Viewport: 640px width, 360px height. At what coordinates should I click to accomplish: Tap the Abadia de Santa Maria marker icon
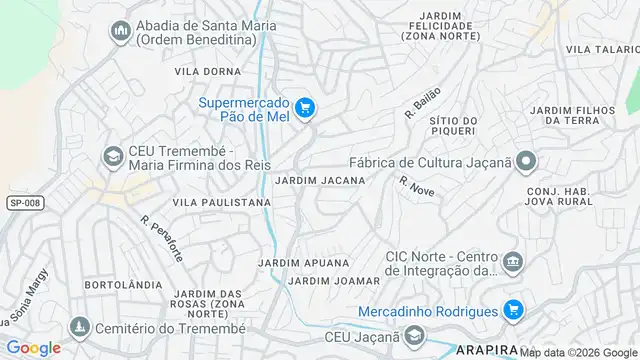click(x=119, y=30)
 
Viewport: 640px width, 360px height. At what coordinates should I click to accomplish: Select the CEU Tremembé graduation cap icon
click(x=112, y=157)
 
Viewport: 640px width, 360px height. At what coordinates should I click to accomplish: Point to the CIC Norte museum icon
click(x=513, y=262)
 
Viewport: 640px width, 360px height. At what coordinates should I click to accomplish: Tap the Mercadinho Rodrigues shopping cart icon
click(x=513, y=310)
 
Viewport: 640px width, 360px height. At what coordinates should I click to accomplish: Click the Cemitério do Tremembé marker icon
click(x=79, y=327)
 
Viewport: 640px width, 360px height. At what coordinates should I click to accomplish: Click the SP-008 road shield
click(x=24, y=203)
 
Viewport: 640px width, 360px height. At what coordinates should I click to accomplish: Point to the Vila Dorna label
click(x=208, y=71)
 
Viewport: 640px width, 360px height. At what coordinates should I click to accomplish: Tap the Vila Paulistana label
click(x=222, y=202)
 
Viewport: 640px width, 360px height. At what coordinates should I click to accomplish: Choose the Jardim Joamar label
click(x=333, y=281)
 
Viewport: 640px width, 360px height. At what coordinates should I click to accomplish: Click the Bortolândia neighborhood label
click(x=124, y=284)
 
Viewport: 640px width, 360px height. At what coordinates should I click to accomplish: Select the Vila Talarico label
click(x=601, y=49)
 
